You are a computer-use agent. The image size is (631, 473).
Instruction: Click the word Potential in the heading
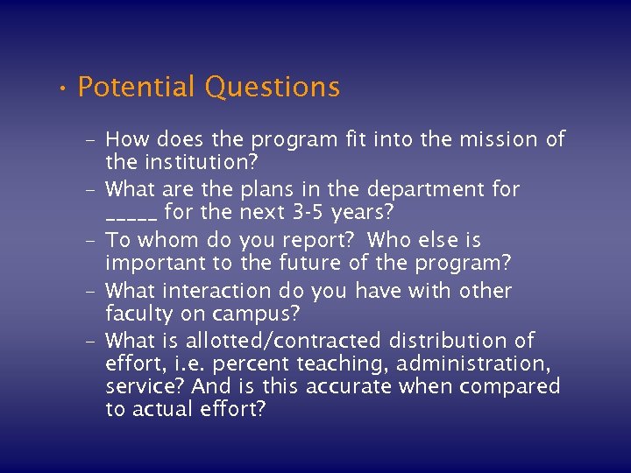click(137, 88)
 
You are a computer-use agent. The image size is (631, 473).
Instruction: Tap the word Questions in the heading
click(272, 88)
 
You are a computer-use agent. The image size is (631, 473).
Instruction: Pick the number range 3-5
click(308, 213)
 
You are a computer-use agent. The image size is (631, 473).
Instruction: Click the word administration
click(496, 364)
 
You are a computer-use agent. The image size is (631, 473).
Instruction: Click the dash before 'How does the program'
click(91, 139)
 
